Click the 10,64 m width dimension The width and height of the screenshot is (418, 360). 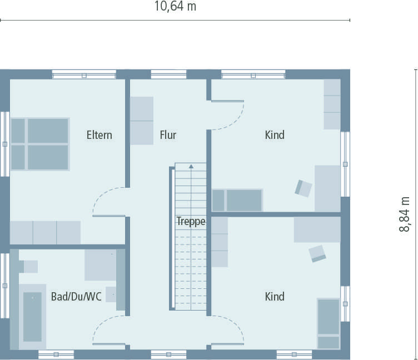175,7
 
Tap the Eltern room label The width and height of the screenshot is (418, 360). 99,135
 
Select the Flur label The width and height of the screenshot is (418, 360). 168,135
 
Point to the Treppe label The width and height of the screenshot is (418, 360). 191,221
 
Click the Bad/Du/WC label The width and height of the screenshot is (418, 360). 76,297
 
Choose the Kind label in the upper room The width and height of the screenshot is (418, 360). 275,135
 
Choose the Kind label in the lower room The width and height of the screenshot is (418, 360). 275,297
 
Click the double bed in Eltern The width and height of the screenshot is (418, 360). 39,144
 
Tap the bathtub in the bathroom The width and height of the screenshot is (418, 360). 32,317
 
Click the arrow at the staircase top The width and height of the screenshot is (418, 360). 191,166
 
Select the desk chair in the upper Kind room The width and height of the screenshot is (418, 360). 303,188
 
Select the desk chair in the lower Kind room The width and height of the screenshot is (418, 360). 318,253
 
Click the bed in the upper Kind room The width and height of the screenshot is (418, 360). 237,200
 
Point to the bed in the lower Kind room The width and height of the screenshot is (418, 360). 328,323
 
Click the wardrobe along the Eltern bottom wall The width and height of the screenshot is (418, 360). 45,232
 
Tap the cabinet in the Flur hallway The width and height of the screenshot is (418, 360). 142,121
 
